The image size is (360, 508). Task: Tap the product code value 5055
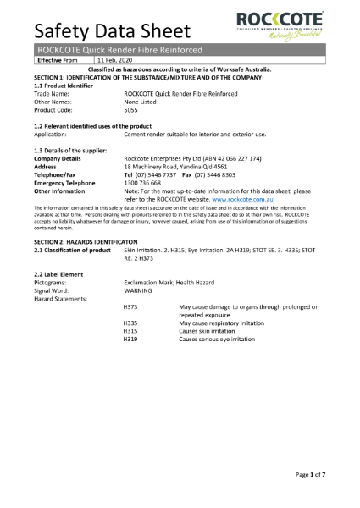[131, 110]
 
